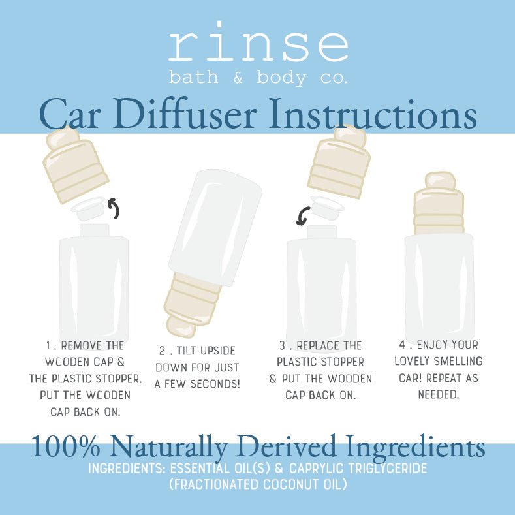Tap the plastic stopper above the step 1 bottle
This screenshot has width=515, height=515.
coord(89,208)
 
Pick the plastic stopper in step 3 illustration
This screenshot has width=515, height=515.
coord(326,206)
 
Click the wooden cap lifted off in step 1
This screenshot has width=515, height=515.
coord(75,164)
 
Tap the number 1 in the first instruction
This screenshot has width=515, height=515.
coord(48,345)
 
